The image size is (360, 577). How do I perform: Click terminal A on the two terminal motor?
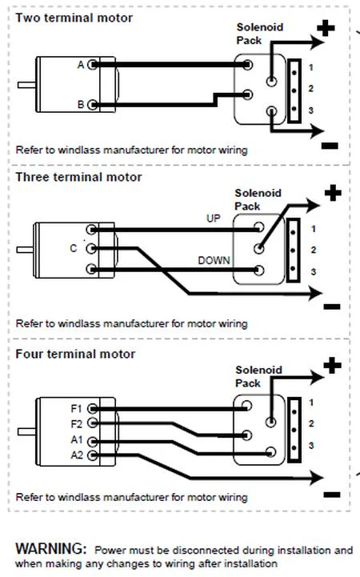(93, 65)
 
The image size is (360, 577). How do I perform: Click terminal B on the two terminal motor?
(93, 105)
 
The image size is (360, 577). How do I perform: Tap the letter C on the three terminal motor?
(74, 249)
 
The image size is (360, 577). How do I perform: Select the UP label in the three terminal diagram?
(214, 218)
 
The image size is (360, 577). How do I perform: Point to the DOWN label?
(214, 261)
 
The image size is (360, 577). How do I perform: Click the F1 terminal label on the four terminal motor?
(76, 409)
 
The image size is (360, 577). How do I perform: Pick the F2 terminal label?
(76, 424)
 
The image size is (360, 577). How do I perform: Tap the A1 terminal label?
(77, 439)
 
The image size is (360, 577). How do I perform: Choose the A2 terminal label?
(77, 455)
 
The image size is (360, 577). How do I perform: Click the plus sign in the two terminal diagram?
(326, 28)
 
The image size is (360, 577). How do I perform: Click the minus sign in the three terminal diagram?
(332, 307)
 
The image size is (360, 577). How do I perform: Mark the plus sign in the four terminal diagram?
(333, 366)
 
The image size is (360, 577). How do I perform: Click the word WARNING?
(50, 549)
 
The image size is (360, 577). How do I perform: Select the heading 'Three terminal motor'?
(78, 177)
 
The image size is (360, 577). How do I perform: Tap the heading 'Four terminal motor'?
(75, 354)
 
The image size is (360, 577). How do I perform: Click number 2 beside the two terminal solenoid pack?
(311, 89)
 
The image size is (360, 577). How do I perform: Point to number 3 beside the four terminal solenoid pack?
(311, 446)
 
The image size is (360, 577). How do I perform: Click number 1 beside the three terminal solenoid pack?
(314, 229)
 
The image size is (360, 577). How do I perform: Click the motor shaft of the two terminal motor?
(26, 85)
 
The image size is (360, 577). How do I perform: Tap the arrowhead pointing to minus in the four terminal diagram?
(316, 478)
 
